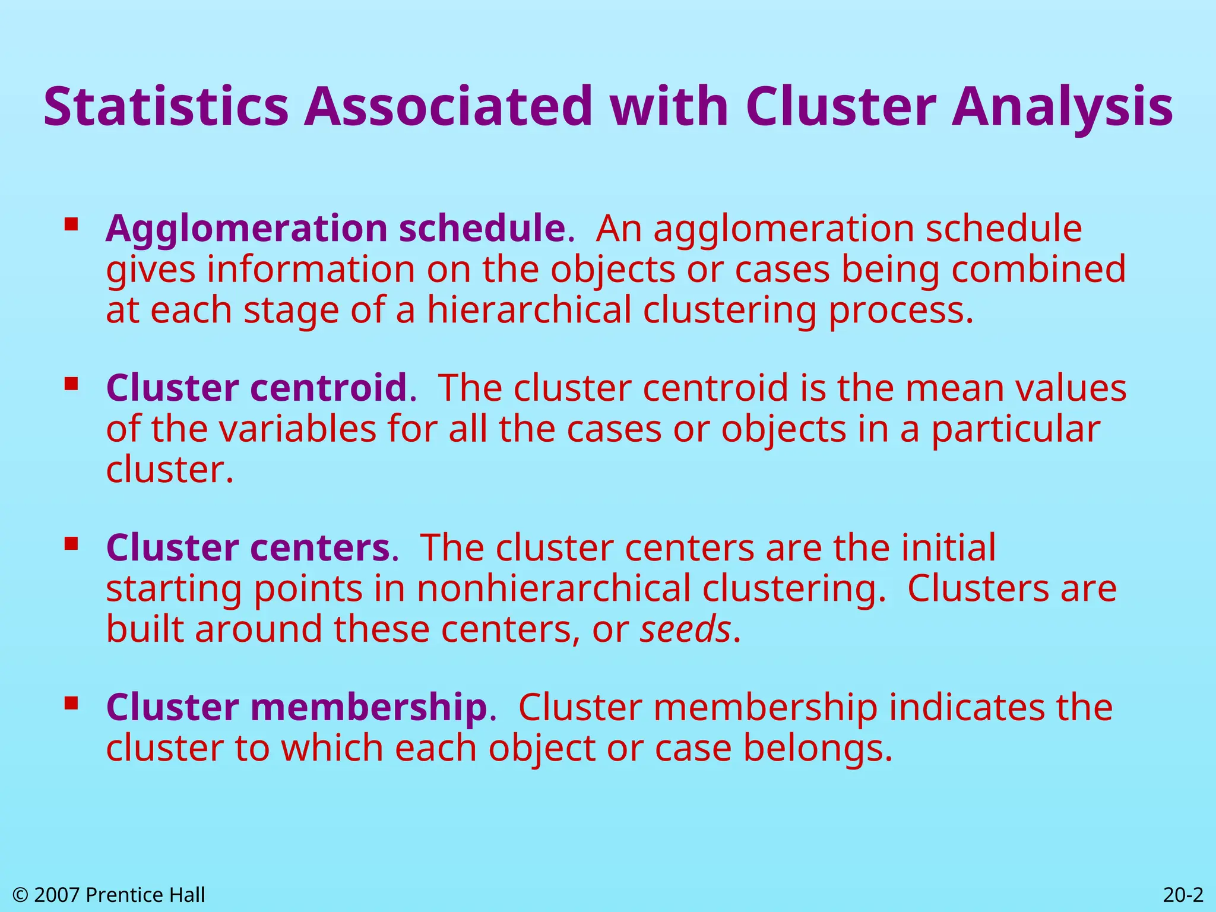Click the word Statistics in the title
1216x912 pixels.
click(166, 107)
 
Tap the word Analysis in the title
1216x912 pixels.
click(1062, 107)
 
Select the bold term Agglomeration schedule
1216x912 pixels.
click(335, 229)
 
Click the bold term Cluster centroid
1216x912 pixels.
click(256, 388)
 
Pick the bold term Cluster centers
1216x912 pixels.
click(248, 547)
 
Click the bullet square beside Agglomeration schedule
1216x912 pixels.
click(71, 224)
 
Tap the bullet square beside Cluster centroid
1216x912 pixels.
click(71, 384)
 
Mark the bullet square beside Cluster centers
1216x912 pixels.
click(71, 543)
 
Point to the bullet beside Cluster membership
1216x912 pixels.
click(71, 703)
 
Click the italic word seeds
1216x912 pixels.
click(685, 629)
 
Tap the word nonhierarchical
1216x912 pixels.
click(553, 588)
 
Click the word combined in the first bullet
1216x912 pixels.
click(1038, 270)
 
